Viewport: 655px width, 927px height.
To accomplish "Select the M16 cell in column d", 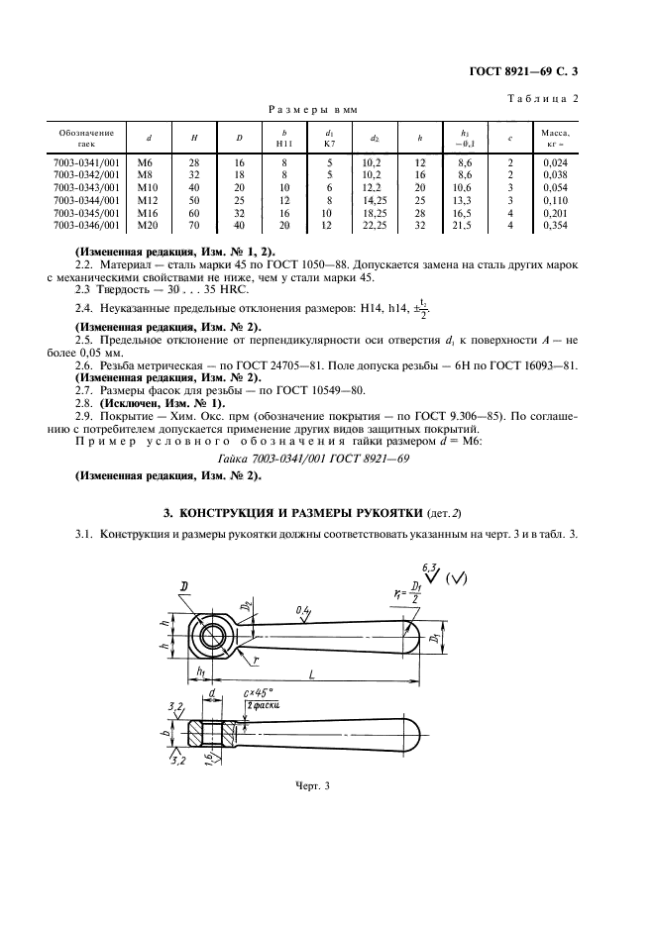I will pos(150,213).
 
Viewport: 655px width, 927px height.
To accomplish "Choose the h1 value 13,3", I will pos(465,200).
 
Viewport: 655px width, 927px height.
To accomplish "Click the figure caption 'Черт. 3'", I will pos(311,786).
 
